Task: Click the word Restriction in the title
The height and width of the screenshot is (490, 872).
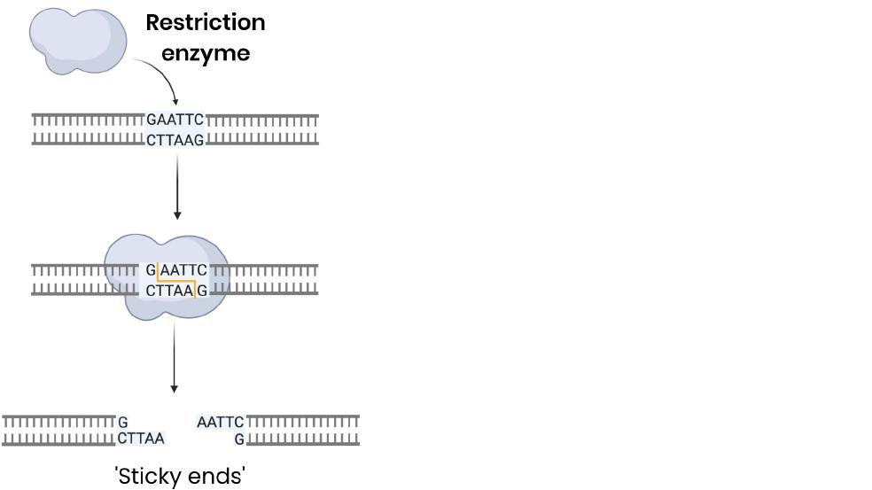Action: click(x=205, y=22)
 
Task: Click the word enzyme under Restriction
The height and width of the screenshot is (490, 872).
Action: click(x=206, y=53)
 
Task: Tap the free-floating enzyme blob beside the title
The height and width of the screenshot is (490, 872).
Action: click(x=78, y=37)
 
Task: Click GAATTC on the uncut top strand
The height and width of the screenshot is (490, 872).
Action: click(x=175, y=120)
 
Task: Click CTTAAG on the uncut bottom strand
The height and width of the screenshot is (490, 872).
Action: click(x=175, y=140)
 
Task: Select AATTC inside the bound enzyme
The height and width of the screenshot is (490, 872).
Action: click(x=184, y=269)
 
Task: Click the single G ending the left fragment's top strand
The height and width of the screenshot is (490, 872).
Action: click(x=123, y=422)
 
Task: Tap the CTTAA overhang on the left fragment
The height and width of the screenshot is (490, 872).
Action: click(x=141, y=438)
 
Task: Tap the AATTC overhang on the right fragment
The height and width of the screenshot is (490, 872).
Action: click(x=220, y=422)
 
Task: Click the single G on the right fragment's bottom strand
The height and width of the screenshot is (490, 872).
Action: click(x=239, y=438)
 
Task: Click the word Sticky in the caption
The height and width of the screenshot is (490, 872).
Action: click(x=149, y=477)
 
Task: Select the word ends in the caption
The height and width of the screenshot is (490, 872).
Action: click(x=215, y=477)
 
